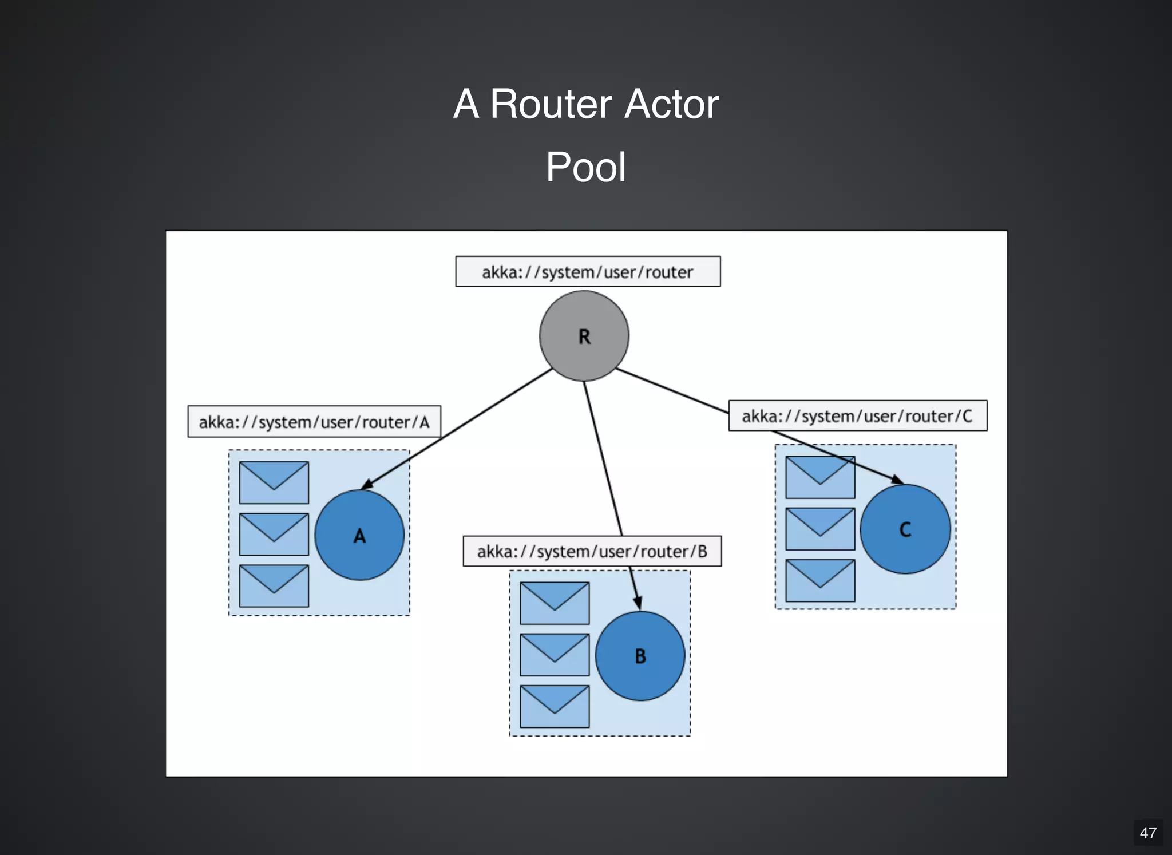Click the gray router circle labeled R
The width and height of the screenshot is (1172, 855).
click(x=584, y=336)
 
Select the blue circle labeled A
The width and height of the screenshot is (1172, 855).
click(x=359, y=535)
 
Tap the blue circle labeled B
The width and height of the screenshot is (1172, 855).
click(x=640, y=656)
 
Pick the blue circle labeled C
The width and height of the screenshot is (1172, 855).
click(x=905, y=529)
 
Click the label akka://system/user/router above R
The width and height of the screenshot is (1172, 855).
click(x=588, y=272)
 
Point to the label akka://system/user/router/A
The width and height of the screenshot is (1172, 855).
click(x=314, y=422)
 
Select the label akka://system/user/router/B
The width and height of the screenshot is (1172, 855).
click(x=592, y=551)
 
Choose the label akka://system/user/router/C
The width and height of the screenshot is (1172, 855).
click(x=857, y=416)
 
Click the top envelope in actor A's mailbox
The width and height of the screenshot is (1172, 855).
click(x=274, y=482)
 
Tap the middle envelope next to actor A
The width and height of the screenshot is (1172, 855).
click(x=274, y=534)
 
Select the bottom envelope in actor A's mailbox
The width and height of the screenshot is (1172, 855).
click(x=274, y=585)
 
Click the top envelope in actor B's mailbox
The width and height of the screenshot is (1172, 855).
click(x=554, y=603)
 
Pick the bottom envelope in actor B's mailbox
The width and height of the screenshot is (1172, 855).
click(x=554, y=706)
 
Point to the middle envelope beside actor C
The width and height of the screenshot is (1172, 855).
click(x=819, y=529)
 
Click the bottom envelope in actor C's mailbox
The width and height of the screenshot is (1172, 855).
click(x=819, y=580)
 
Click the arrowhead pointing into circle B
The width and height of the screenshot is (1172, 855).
click(x=638, y=603)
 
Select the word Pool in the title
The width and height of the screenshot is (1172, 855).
click(x=585, y=167)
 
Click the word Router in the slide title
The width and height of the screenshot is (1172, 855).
click(x=551, y=104)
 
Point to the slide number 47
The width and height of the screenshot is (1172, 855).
click(x=1147, y=833)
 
